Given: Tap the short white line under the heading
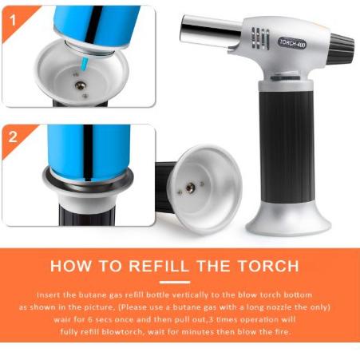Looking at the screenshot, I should (180, 282).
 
